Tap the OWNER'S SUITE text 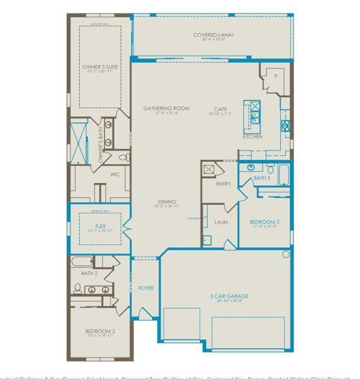point(100,67)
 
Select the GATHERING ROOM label point(166,109)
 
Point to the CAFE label point(220,109)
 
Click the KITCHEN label point(252,136)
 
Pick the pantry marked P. point(276,76)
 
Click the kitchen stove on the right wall point(285,126)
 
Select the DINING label point(167,202)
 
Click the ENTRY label point(223,184)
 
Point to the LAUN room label point(221,222)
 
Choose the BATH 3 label point(262,178)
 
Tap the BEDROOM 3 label point(264,222)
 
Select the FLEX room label point(100,226)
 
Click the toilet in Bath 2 point(78,288)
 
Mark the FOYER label point(146,288)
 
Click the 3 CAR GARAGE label point(227,296)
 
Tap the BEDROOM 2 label point(100,331)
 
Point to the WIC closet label point(115,174)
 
